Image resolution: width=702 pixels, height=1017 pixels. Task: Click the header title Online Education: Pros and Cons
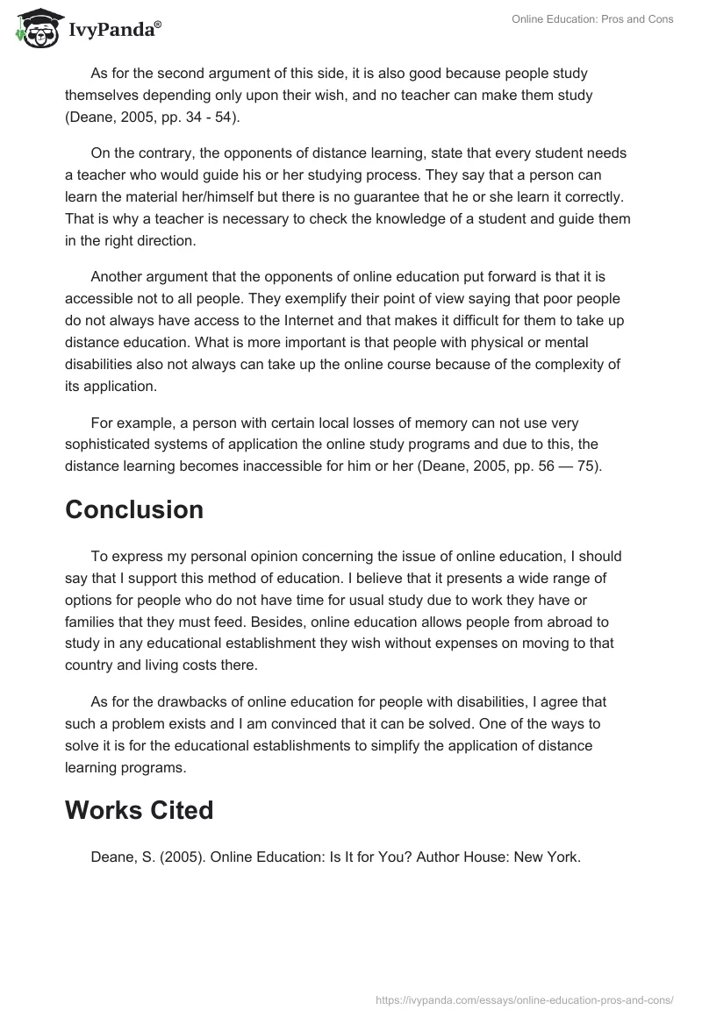[593, 19]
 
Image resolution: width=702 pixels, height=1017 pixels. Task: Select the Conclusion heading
[133, 509]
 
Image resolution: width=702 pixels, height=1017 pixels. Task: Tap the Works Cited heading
[139, 810]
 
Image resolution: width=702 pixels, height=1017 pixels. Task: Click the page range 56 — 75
[560, 466]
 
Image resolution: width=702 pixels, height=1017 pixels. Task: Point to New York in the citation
[549, 857]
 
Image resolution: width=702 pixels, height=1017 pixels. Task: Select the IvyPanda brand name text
[115, 31]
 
